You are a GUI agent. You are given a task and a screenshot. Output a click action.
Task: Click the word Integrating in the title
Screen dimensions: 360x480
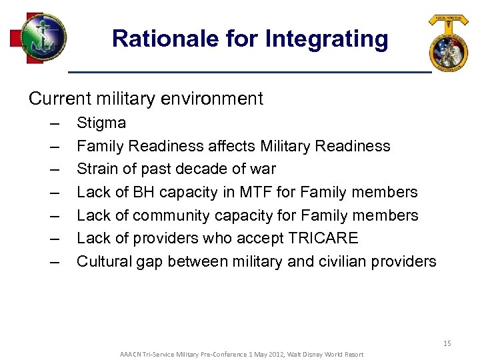pos(327,39)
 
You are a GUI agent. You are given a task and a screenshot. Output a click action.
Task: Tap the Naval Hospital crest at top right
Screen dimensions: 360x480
pos(449,43)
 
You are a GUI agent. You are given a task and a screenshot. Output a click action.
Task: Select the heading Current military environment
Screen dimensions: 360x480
pos(146,99)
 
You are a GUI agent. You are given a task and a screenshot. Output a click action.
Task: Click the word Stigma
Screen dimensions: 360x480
pos(101,123)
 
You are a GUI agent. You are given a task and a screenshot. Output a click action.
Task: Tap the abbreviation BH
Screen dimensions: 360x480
pos(144,192)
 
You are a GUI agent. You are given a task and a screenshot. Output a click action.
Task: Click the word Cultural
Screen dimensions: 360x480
pos(103,261)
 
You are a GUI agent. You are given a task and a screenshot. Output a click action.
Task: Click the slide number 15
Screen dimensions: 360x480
pos(447,343)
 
